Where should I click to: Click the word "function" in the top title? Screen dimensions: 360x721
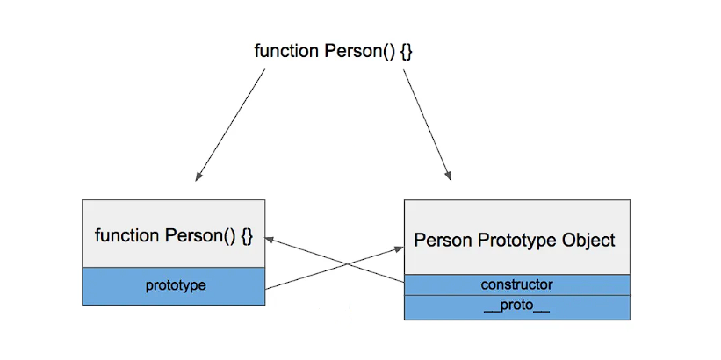coord(286,51)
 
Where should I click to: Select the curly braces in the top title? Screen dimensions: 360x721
coord(406,51)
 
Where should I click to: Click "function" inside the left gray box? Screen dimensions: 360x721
coord(126,235)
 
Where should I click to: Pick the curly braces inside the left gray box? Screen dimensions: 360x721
coord(247,235)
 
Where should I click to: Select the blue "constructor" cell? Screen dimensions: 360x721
coord(516,284)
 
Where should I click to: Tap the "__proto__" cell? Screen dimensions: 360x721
coord(516,307)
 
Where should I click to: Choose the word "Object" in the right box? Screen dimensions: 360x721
coord(588,240)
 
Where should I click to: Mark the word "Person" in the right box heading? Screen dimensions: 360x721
coord(442,240)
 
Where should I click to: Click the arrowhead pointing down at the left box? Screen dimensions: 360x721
coord(199,176)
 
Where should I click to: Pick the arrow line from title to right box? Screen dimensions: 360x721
coord(427,123)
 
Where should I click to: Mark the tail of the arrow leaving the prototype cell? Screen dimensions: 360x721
coord(267,287)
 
